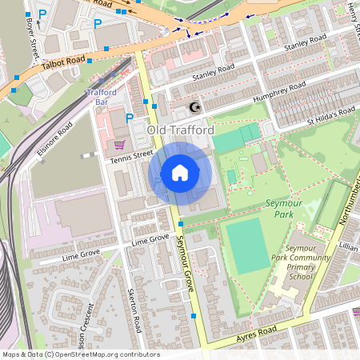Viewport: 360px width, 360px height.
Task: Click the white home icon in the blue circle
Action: [x=180, y=173]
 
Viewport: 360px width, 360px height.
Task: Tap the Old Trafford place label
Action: [x=180, y=130]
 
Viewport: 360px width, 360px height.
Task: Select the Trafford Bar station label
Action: [x=101, y=97]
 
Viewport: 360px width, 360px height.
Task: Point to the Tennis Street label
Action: [x=131, y=156]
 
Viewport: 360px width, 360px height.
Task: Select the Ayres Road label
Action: [x=256, y=332]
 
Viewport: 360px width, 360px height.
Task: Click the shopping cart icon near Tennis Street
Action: [x=119, y=145]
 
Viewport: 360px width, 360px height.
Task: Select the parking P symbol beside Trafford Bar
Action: [x=130, y=118]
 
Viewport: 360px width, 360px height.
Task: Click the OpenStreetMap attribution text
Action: [x=80, y=354]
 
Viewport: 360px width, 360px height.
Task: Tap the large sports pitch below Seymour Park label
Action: [x=247, y=246]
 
